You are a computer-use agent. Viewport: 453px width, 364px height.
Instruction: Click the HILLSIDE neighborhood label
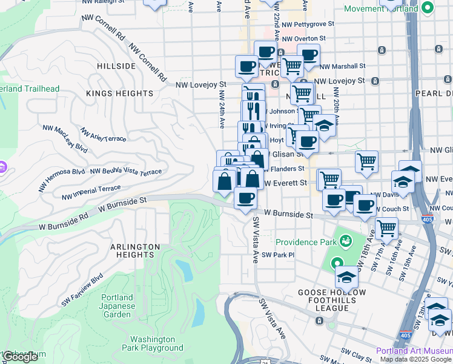click(x=116, y=66)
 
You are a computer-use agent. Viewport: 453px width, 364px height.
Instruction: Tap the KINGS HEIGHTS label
click(x=119, y=93)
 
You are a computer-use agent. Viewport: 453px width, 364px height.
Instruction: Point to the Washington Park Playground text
click(x=156, y=343)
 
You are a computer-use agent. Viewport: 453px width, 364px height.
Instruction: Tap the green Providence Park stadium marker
click(x=345, y=241)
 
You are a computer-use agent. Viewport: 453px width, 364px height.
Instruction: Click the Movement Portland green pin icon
click(x=428, y=9)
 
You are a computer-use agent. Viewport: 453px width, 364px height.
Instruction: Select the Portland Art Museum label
click(x=414, y=351)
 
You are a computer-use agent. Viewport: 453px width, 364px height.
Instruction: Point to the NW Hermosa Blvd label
click(x=62, y=180)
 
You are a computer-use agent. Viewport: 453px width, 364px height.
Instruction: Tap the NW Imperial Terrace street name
click(x=91, y=193)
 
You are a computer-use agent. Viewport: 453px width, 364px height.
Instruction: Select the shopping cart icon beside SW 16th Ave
click(x=386, y=229)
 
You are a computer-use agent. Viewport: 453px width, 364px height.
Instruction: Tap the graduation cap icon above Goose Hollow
click(x=346, y=277)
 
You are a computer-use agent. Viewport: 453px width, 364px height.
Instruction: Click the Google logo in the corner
click(x=20, y=357)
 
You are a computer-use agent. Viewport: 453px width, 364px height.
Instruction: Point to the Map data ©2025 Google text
click(x=415, y=359)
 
